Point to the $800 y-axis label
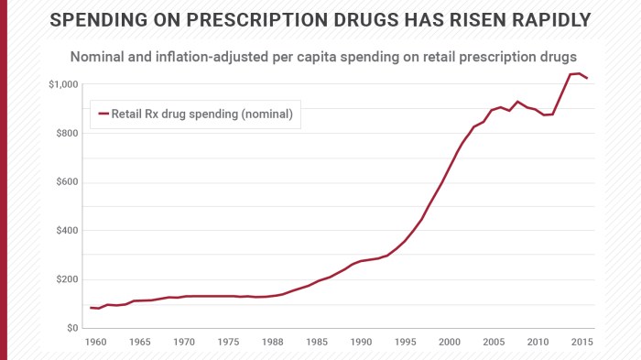(65, 134)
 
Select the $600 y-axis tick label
(65, 182)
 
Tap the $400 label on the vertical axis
(65, 231)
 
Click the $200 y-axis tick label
(65, 279)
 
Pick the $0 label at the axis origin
(71, 328)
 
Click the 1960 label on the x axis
(96, 342)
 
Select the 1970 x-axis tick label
(184, 342)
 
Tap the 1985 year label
(317, 342)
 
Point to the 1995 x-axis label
(405, 342)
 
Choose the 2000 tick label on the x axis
(449, 342)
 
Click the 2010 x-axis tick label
(537, 342)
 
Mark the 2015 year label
(581, 342)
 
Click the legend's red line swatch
(103, 115)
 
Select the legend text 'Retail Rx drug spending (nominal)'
(201, 115)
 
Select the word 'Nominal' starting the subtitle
(98, 56)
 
